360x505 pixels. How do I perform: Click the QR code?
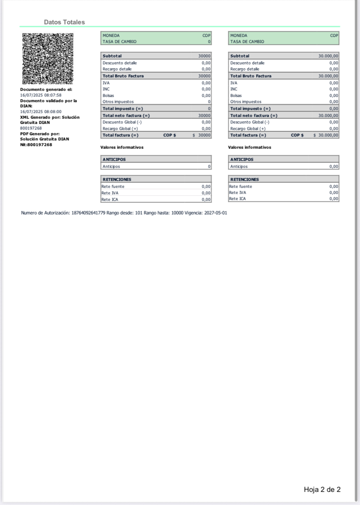click(x=47, y=58)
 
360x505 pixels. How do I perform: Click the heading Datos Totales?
click(x=64, y=22)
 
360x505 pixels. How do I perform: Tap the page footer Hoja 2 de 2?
click(x=322, y=490)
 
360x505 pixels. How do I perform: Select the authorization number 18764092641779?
click(x=88, y=213)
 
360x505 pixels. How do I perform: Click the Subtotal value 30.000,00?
click(x=328, y=56)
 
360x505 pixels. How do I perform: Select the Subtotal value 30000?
click(x=204, y=56)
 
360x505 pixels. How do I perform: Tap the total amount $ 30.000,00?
click(x=326, y=135)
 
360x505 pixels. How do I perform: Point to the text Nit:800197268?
click(x=36, y=144)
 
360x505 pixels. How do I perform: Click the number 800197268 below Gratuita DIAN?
click(x=31, y=128)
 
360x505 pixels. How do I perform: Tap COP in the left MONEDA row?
click(x=207, y=36)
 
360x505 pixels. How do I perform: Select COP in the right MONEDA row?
click(x=334, y=36)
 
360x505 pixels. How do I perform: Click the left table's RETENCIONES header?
click(x=117, y=179)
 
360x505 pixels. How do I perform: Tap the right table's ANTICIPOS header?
click(x=242, y=159)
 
